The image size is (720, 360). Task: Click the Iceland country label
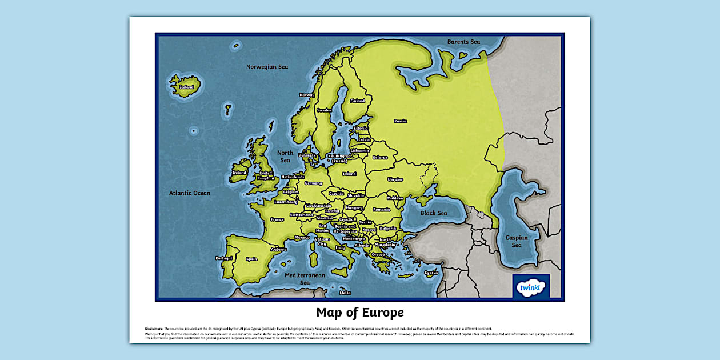(186, 87)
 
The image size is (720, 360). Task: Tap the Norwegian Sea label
(267, 67)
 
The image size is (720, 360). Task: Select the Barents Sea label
(463, 42)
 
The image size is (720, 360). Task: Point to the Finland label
(357, 101)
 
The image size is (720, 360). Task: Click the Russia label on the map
(400, 121)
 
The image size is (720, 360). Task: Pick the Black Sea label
(434, 213)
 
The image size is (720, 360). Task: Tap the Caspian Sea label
(517, 241)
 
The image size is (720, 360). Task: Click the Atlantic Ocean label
(190, 193)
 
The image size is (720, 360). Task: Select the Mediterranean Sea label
(305, 279)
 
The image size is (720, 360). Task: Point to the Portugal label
(224, 258)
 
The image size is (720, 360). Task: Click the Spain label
(251, 259)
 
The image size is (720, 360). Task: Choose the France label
(277, 219)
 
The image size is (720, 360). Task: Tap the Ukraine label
(395, 179)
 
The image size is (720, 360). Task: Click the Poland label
(349, 174)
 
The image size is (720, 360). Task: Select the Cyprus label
(431, 273)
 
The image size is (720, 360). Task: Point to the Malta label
(345, 293)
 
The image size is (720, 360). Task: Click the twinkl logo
(531, 286)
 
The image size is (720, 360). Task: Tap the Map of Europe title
(360, 313)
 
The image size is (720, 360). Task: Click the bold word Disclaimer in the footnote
(154, 329)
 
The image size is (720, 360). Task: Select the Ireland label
(239, 173)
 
